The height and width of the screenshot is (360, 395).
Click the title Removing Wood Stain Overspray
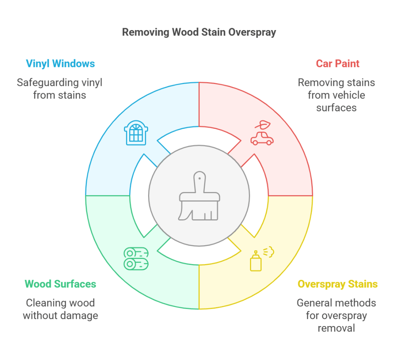(x=199, y=32)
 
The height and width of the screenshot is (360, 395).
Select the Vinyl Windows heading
(x=60, y=64)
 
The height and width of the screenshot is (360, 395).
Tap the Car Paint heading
(x=338, y=64)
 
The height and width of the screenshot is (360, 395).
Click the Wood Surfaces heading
(x=60, y=284)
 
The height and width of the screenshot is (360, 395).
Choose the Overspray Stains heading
(x=338, y=284)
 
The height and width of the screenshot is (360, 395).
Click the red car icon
(x=262, y=139)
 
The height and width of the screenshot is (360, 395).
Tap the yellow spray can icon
(x=255, y=262)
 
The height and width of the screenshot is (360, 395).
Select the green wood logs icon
(x=136, y=258)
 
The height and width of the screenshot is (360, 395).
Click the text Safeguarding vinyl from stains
(x=59, y=89)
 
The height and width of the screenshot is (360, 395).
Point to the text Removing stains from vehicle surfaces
(x=336, y=95)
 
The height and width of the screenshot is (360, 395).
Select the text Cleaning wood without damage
(x=60, y=309)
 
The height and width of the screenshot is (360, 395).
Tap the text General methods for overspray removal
(x=336, y=315)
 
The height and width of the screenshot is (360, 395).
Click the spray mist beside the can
(x=268, y=252)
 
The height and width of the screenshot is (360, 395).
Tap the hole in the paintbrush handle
(x=199, y=178)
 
